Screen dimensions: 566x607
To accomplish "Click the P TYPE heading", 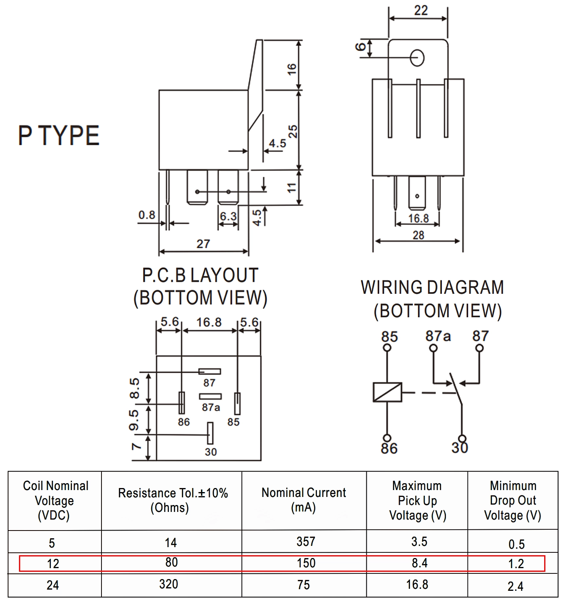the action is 59,135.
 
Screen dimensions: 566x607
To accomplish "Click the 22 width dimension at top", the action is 420,11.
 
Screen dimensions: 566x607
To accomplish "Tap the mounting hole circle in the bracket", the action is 417,58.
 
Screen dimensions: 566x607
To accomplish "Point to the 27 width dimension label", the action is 203,244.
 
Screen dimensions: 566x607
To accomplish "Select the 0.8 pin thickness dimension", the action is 147,215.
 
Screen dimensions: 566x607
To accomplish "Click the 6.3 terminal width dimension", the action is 228,216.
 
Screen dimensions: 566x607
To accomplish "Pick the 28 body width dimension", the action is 418,235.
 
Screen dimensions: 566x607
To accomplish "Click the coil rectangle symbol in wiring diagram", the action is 387,392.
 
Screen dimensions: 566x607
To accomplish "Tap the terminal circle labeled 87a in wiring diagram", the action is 433,348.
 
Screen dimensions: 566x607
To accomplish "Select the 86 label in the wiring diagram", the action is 389,448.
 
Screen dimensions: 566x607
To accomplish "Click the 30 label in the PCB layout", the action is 211,452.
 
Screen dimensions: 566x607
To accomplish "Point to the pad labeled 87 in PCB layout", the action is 209,371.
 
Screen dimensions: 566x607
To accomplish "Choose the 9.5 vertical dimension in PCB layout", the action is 134,420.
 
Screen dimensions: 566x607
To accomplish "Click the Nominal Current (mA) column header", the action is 304,500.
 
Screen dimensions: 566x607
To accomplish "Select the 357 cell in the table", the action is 306,541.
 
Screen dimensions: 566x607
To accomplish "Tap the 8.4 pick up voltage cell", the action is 420,563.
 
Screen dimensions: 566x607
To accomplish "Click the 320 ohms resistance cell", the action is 169,584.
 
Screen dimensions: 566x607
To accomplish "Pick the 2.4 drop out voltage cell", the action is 515,586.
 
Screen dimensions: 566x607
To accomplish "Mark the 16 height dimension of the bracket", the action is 292,69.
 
